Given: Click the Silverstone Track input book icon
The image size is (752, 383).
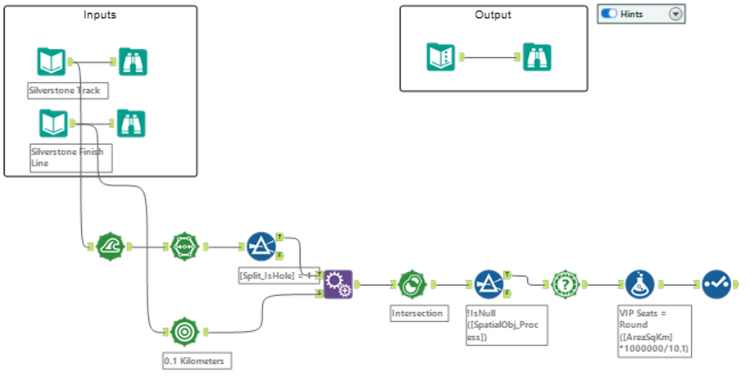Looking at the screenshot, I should tap(51, 62).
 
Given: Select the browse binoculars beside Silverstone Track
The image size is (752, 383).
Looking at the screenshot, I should tap(133, 62).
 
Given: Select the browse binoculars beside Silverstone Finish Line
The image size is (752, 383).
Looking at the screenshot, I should tap(133, 123).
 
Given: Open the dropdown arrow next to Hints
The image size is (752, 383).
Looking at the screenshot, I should tap(675, 14).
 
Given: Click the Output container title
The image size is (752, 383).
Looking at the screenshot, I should tap(493, 15).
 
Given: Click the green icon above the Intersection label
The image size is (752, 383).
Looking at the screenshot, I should tap(412, 284).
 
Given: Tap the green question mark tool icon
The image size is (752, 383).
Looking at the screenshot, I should tap(566, 284).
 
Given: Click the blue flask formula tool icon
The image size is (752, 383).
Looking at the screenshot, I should tap(641, 284).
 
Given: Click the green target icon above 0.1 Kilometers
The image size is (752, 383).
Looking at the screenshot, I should tap(185, 331).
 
